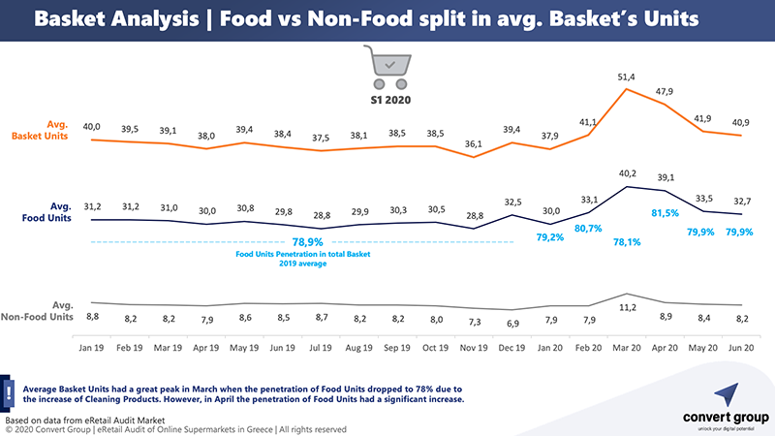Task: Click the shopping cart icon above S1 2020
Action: tap(388, 65)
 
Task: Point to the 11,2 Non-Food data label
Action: tap(627, 308)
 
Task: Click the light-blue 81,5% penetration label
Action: tap(666, 212)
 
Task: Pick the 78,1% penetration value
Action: tap(627, 244)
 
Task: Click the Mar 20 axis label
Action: tap(626, 347)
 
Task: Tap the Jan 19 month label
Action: tap(91, 347)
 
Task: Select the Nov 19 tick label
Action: tap(475, 347)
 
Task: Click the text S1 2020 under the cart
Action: tap(388, 100)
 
